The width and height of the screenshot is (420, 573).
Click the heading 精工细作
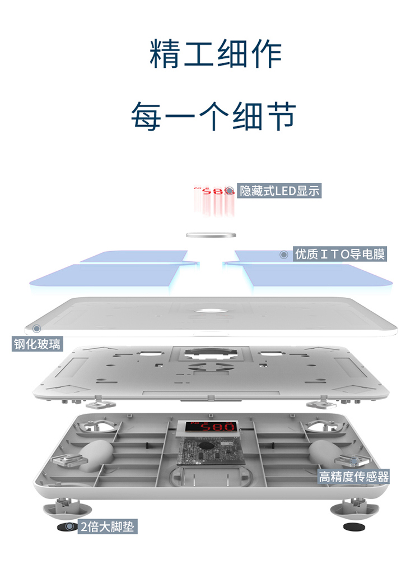pyautogui.click(x=216, y=54)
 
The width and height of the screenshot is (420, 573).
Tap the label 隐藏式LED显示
pyautogui.click(x=279, y=191)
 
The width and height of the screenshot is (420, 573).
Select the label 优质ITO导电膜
pyautogui.click(x=340, y=255)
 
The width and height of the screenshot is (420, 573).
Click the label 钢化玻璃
pyautogui.click(x=38, y=344)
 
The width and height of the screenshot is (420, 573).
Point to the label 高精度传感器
pyautogui.click(x=353, y=477)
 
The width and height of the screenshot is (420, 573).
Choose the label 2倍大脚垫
pyautogui.click(x=108, y=527)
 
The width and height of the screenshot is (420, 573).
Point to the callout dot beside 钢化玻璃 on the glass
pyautogui.click(x=37, y=328)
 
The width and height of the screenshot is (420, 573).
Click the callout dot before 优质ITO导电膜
pyautogui.click(x=283, y=255)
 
